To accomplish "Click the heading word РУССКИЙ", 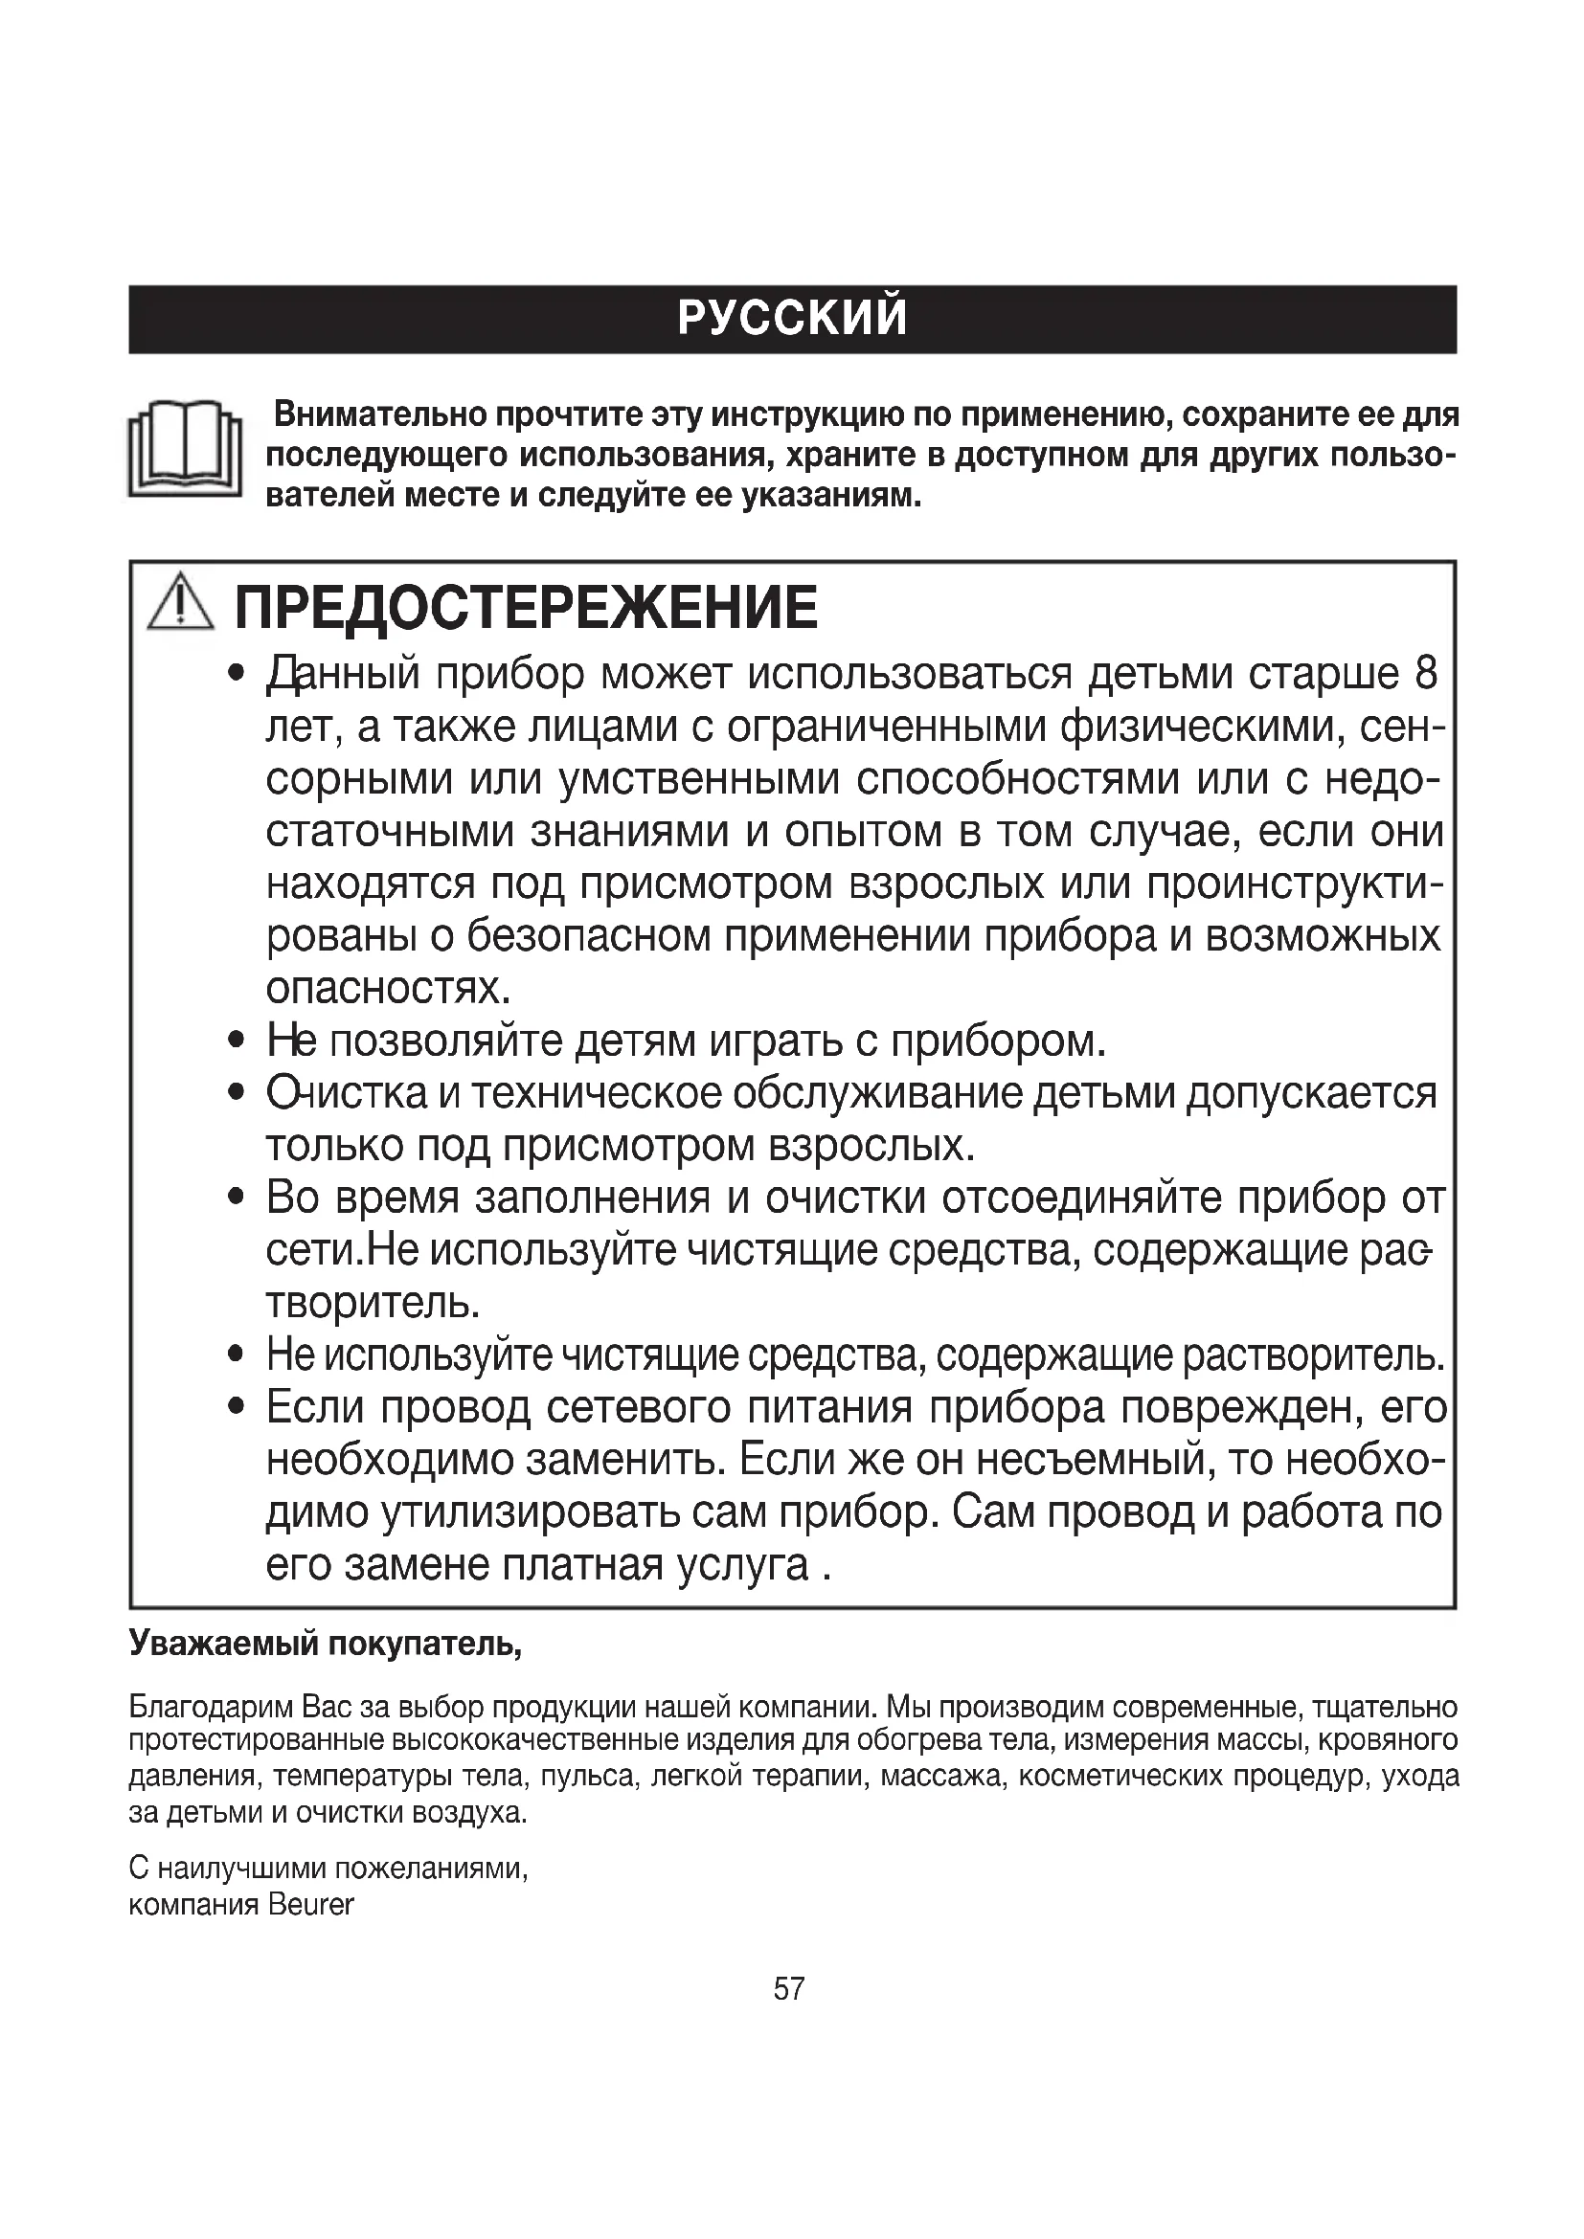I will (791, 319).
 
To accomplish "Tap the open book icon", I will (184, 450).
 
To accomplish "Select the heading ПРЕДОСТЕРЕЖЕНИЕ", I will (526, 608).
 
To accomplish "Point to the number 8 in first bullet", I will (1425, 674).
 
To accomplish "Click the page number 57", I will (789, 1988).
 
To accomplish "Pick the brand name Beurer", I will (310, 1905).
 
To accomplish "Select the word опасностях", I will (388, 989).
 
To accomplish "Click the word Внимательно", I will (379, 415).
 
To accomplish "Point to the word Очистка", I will (347, 1094).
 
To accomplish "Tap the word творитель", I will (373, 1303).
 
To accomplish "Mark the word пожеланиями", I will (431, 1869).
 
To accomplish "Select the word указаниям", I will (831, 497).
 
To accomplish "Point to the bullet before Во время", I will (235, 1198).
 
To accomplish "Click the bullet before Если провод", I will (235, 1407).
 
